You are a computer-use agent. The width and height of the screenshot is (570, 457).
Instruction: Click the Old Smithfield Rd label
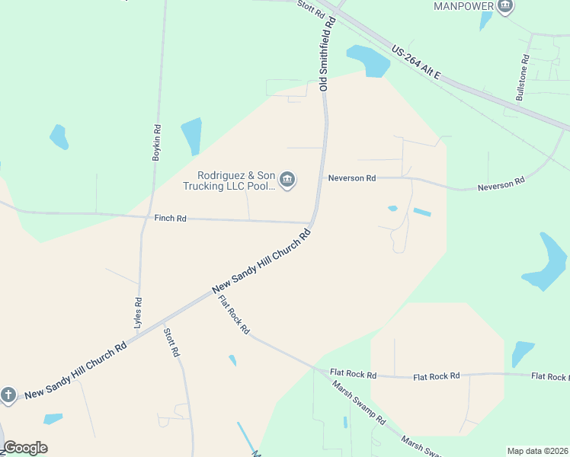point(328,55)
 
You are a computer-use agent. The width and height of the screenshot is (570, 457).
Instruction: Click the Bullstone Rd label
point(523,78)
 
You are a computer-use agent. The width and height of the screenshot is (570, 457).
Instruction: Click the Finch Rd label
point(171,219)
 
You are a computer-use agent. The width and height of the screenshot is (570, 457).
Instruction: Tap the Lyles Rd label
point(138,312)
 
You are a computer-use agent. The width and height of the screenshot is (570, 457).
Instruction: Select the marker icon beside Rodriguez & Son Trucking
point(287,181)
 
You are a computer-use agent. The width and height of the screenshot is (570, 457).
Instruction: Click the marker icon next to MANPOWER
point(504,7)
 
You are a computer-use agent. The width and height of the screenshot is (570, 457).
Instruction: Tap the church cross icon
point(8,395)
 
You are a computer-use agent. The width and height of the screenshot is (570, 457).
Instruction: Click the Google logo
point(26,448)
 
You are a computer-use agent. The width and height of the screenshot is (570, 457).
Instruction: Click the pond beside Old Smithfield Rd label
point(369,61)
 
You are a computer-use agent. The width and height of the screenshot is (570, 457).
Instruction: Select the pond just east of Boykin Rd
point(191,136)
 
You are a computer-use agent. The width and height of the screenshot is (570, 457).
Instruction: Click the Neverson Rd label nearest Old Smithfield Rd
point(352,178)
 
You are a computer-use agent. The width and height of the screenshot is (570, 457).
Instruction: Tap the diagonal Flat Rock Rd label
point(233,315)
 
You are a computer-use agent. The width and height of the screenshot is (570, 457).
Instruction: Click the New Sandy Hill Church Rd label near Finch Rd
point(263,261)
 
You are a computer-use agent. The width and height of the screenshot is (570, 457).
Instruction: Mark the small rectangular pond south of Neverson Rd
point(421,212)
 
